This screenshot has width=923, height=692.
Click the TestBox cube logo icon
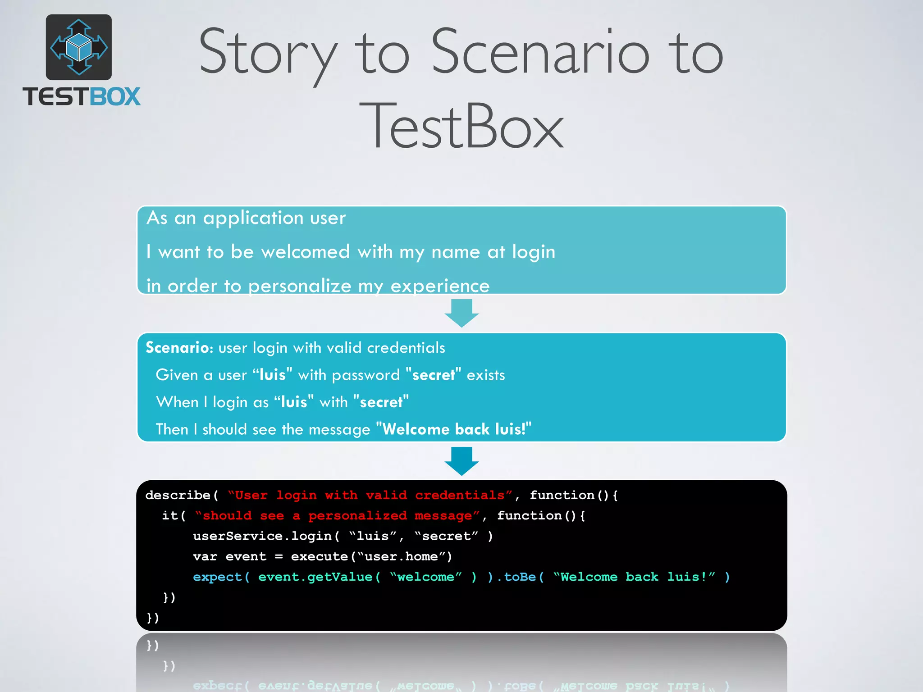coord(79,47)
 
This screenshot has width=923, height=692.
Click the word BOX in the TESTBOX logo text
coord(115,97)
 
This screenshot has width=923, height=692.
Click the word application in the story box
coord(253,218)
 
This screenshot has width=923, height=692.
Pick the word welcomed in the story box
coord(306,252)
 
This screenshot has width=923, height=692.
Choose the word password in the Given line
coord(366,375)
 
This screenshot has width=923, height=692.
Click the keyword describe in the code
coord(178,495)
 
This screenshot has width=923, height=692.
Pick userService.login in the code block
coord(262,536)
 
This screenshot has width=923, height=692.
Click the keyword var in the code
coord(205,557)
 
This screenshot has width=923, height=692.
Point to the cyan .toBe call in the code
coord(516,577)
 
